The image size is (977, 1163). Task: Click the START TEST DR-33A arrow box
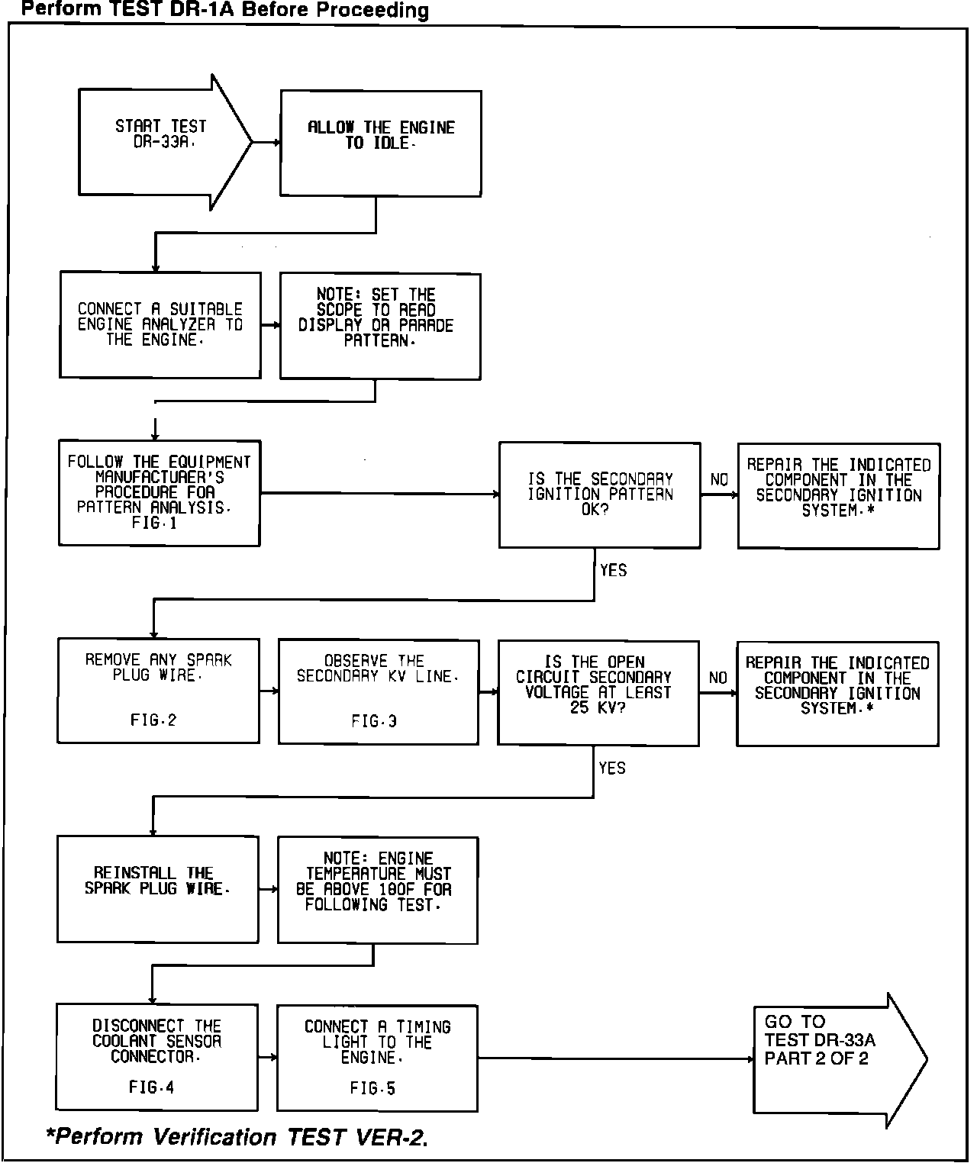tap(160, 142)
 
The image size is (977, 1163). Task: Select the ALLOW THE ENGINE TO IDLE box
tap(381, 143)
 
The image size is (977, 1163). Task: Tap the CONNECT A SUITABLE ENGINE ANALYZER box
tap(160, 325)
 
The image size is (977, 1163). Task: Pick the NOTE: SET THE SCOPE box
tap(380, 326)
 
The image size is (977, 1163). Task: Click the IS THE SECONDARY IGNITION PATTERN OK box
tap(600, 495)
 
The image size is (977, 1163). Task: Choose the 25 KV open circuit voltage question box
tap(598, 693)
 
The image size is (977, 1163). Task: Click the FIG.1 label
tap(154, 524)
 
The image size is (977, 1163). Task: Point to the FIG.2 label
tap(153, 720)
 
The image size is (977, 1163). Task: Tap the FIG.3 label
tap(374, 721)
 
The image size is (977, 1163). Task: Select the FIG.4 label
tap(152, 1087)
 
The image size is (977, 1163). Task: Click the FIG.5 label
tap(373, 1089)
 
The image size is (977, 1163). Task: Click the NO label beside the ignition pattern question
tap(719, 480)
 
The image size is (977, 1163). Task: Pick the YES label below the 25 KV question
tap(612, 768)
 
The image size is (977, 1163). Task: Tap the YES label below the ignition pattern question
tap(613, 571)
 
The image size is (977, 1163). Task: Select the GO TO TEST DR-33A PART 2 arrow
tap(836, 1059)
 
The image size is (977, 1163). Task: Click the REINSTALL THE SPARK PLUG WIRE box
tap(158, 890)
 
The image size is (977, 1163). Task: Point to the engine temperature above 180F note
tap(378, 890)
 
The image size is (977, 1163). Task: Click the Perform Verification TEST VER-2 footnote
tap(237, 1137)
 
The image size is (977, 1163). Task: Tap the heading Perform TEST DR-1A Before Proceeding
tap(224, 10)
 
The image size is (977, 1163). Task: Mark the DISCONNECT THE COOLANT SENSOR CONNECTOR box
tap(157, 1057)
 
